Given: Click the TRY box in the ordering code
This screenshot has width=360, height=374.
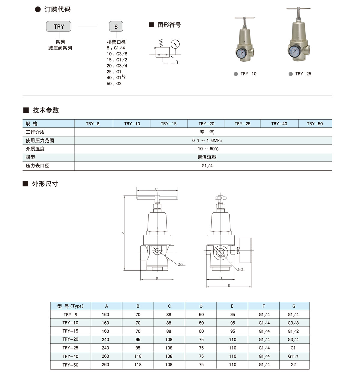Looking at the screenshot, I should tap(59, 27).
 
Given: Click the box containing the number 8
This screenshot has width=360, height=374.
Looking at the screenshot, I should tap(116, 27).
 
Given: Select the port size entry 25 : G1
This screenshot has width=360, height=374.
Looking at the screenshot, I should tap(114, 72).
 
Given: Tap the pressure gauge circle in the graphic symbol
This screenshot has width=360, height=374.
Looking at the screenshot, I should tap(175, 44).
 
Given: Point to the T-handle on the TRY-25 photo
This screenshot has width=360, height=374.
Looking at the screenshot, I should tap(298, 9).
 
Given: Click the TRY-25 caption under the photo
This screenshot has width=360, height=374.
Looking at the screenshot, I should tap(303, 74).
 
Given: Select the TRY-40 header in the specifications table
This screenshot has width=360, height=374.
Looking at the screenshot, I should tap(279, 123).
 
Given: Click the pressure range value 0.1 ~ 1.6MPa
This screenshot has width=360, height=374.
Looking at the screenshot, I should tap(207, 140).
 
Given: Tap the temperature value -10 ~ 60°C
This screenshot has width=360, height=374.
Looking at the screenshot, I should tap(207, 149).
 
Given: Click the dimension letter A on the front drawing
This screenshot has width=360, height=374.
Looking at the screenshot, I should tap(122, 233).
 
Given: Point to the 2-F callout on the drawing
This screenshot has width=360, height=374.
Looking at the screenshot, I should tap(181, 264).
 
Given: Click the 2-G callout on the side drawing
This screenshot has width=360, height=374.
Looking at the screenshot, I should tap(241, 269).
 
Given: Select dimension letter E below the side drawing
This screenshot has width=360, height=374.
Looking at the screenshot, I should tap(229, 286).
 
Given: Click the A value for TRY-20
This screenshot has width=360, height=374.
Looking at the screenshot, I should tap(106, 340).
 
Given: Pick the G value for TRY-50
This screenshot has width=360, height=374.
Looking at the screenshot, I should tap(293, 365).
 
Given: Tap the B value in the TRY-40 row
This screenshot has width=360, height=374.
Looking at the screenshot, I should tap(138, 356).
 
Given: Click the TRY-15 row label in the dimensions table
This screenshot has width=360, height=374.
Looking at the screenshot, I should tap(70, 331).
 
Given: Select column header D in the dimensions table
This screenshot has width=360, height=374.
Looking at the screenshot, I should tap(201, 306).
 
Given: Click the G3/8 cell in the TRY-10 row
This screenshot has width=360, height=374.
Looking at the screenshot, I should tap(293, 323).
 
